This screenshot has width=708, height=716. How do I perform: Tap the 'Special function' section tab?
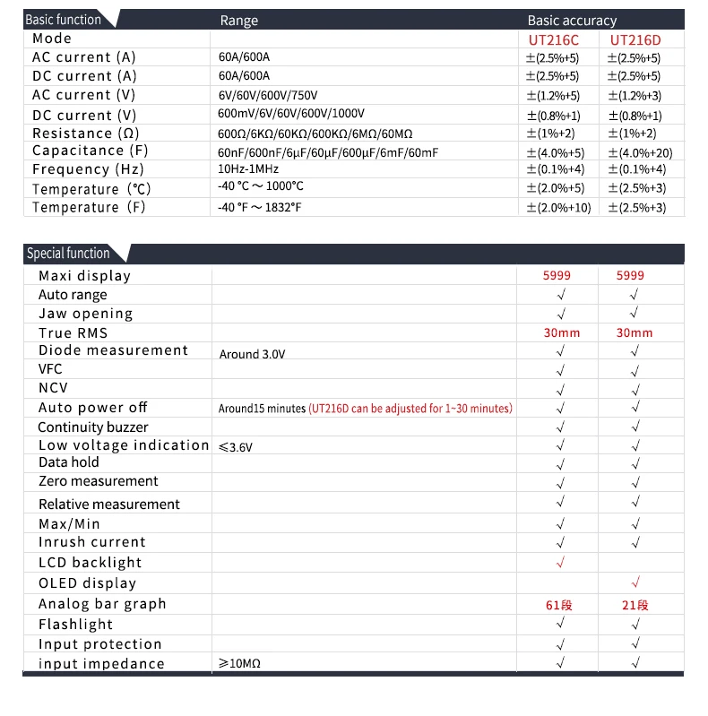[x=68, y=253]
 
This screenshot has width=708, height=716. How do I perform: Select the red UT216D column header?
[x=635, y=39]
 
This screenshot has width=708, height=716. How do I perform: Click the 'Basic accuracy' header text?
[x=572, y=20]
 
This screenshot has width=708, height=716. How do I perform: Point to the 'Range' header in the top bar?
[x=238, y=20]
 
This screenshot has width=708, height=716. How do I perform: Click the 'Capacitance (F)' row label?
[x=91, y=151]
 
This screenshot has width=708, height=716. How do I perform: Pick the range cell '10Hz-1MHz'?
[x=248, y=169]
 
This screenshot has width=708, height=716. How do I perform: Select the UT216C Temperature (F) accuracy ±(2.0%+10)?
[x=557, y=207]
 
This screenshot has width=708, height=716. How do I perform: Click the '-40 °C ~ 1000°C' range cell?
[x=261, y=186]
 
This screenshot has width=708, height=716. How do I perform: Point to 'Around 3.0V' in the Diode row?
[x=253, y=354]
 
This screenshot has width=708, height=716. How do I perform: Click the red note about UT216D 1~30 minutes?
[x=410, y=409]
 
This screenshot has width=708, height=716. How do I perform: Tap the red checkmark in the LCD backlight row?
[x=561, y=563]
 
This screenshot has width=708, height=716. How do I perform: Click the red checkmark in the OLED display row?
[x=635, y=583]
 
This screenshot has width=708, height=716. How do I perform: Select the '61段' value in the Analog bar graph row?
[x=559, y=605]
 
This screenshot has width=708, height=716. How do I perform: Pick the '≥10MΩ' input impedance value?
[x=239, y=664]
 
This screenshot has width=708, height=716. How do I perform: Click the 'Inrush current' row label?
[x=91, y=542]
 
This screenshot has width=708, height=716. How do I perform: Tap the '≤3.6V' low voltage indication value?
[x=236, y=446]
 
